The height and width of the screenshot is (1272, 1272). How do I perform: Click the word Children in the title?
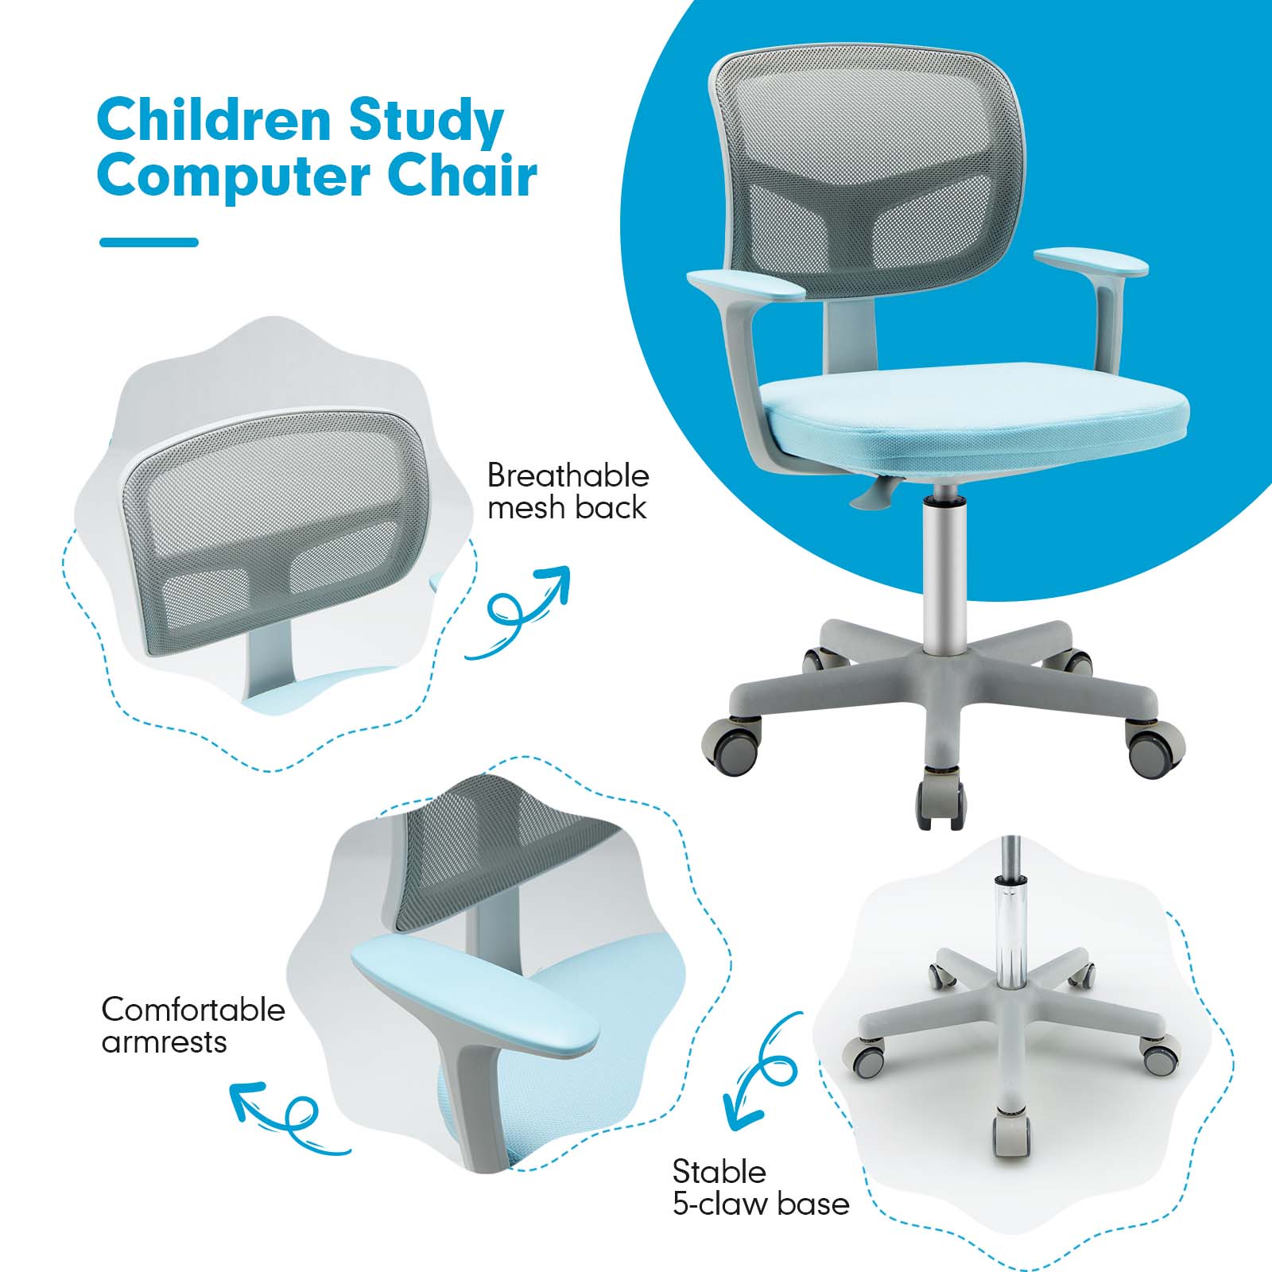[x=214, y=120]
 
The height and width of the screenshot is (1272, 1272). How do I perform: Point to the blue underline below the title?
[x=149, y=242]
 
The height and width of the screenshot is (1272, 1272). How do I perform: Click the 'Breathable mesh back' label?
[x=568, y=491]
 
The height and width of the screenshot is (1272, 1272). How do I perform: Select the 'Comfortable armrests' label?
[x=192, y=1026]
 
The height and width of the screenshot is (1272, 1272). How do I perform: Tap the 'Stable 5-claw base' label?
[x=760, y=1188]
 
